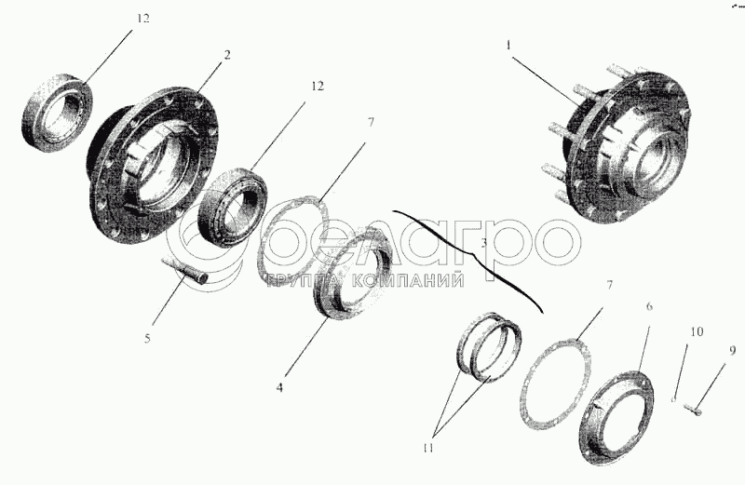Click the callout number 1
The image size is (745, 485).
pos(508,46)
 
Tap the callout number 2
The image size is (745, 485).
pos(226,55)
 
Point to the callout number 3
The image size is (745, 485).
pos(483,244)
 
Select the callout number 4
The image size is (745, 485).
pos(279,387)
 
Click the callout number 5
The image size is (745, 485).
pos(147,339)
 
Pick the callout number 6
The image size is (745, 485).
pos(649,307)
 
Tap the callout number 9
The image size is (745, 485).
pos(732,351)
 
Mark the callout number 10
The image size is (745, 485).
pos(697,331)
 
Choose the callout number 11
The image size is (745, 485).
pos(428,449)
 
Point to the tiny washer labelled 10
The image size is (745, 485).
pos(673,399)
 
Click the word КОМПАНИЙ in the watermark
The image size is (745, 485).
pos(408,281)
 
